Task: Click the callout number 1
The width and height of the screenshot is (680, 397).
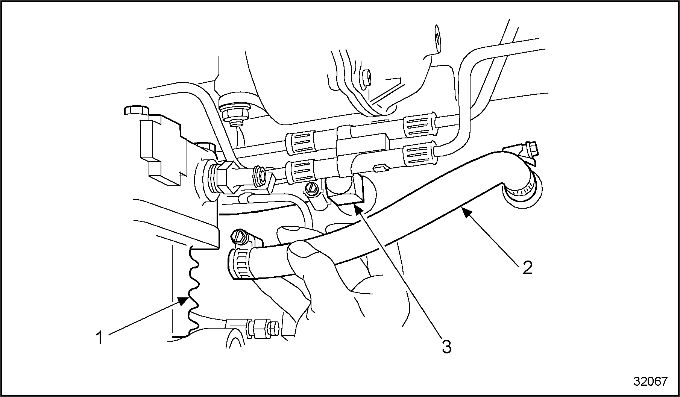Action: click(x=99, y=337)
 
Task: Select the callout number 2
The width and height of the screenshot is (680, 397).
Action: click(x=527, y=267)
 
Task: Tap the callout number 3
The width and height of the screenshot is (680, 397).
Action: click(x=446, y=347)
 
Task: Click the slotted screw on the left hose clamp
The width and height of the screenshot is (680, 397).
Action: click(x=239, y=237)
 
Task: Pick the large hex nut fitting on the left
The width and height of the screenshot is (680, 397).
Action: click(x=225, y=177)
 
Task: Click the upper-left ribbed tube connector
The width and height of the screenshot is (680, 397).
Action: click(x=300, y=142)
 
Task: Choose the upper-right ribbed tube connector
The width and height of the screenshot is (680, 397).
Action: click(x=420, y=125)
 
